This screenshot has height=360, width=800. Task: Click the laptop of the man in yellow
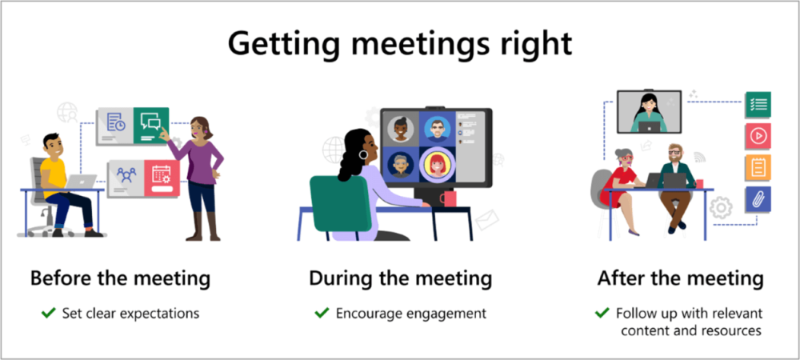pyautogui.click(x=80, y=183)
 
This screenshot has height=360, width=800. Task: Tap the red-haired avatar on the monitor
pyautogui.click(x=437, y=166)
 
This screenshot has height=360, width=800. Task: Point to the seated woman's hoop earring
pyautogui.click(x=363, y=155)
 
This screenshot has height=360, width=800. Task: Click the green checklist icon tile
pyautogui.click(x=757, y=104)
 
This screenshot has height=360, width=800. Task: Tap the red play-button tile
pyautogui.click(x=757, y=136)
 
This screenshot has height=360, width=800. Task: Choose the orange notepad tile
pyautogui.click(x=757, y=168)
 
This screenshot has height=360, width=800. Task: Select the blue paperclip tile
pyautogui.click(x=757, y=200)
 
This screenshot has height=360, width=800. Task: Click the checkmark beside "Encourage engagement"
pyautogui.click(x=322, y=313)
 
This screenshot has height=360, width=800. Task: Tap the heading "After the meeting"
pyautogui.click(x=680, y=279)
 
